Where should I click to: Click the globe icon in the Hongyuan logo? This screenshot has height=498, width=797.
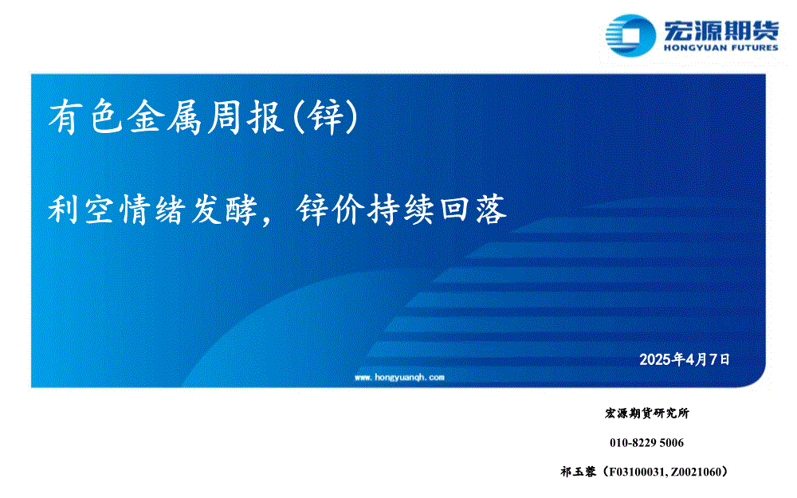click(x=630, y=35)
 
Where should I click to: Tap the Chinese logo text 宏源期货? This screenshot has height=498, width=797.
click(x=720, y=30)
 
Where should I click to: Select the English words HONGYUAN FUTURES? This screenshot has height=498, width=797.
click(x=720, y=48)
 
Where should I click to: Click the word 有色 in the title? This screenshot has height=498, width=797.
click(x=86, y=117)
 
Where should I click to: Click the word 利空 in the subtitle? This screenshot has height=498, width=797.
click(x=80, y=210)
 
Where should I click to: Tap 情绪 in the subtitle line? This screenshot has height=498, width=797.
click(x=152, y=210)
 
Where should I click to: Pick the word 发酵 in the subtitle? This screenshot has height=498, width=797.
click(x=224, y=210)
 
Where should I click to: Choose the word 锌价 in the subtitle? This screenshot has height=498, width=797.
click(x=331, y=210)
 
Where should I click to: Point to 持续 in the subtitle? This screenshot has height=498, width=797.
click(x=401, y=210)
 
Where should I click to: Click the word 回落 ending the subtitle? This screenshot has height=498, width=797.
click(x=473, y=210)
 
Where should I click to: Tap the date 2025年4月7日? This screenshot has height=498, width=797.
click(x=684, y=359)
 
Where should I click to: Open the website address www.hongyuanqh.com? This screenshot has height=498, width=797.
click(x=399, y=377)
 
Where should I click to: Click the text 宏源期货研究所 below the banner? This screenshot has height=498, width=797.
click(x=647, y=413)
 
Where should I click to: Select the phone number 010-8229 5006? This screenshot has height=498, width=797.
click(x=646, y=442)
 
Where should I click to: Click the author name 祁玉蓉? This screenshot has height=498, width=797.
click(x=578, y=472)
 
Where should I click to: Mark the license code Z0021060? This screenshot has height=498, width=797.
click(x=695, y=472)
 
